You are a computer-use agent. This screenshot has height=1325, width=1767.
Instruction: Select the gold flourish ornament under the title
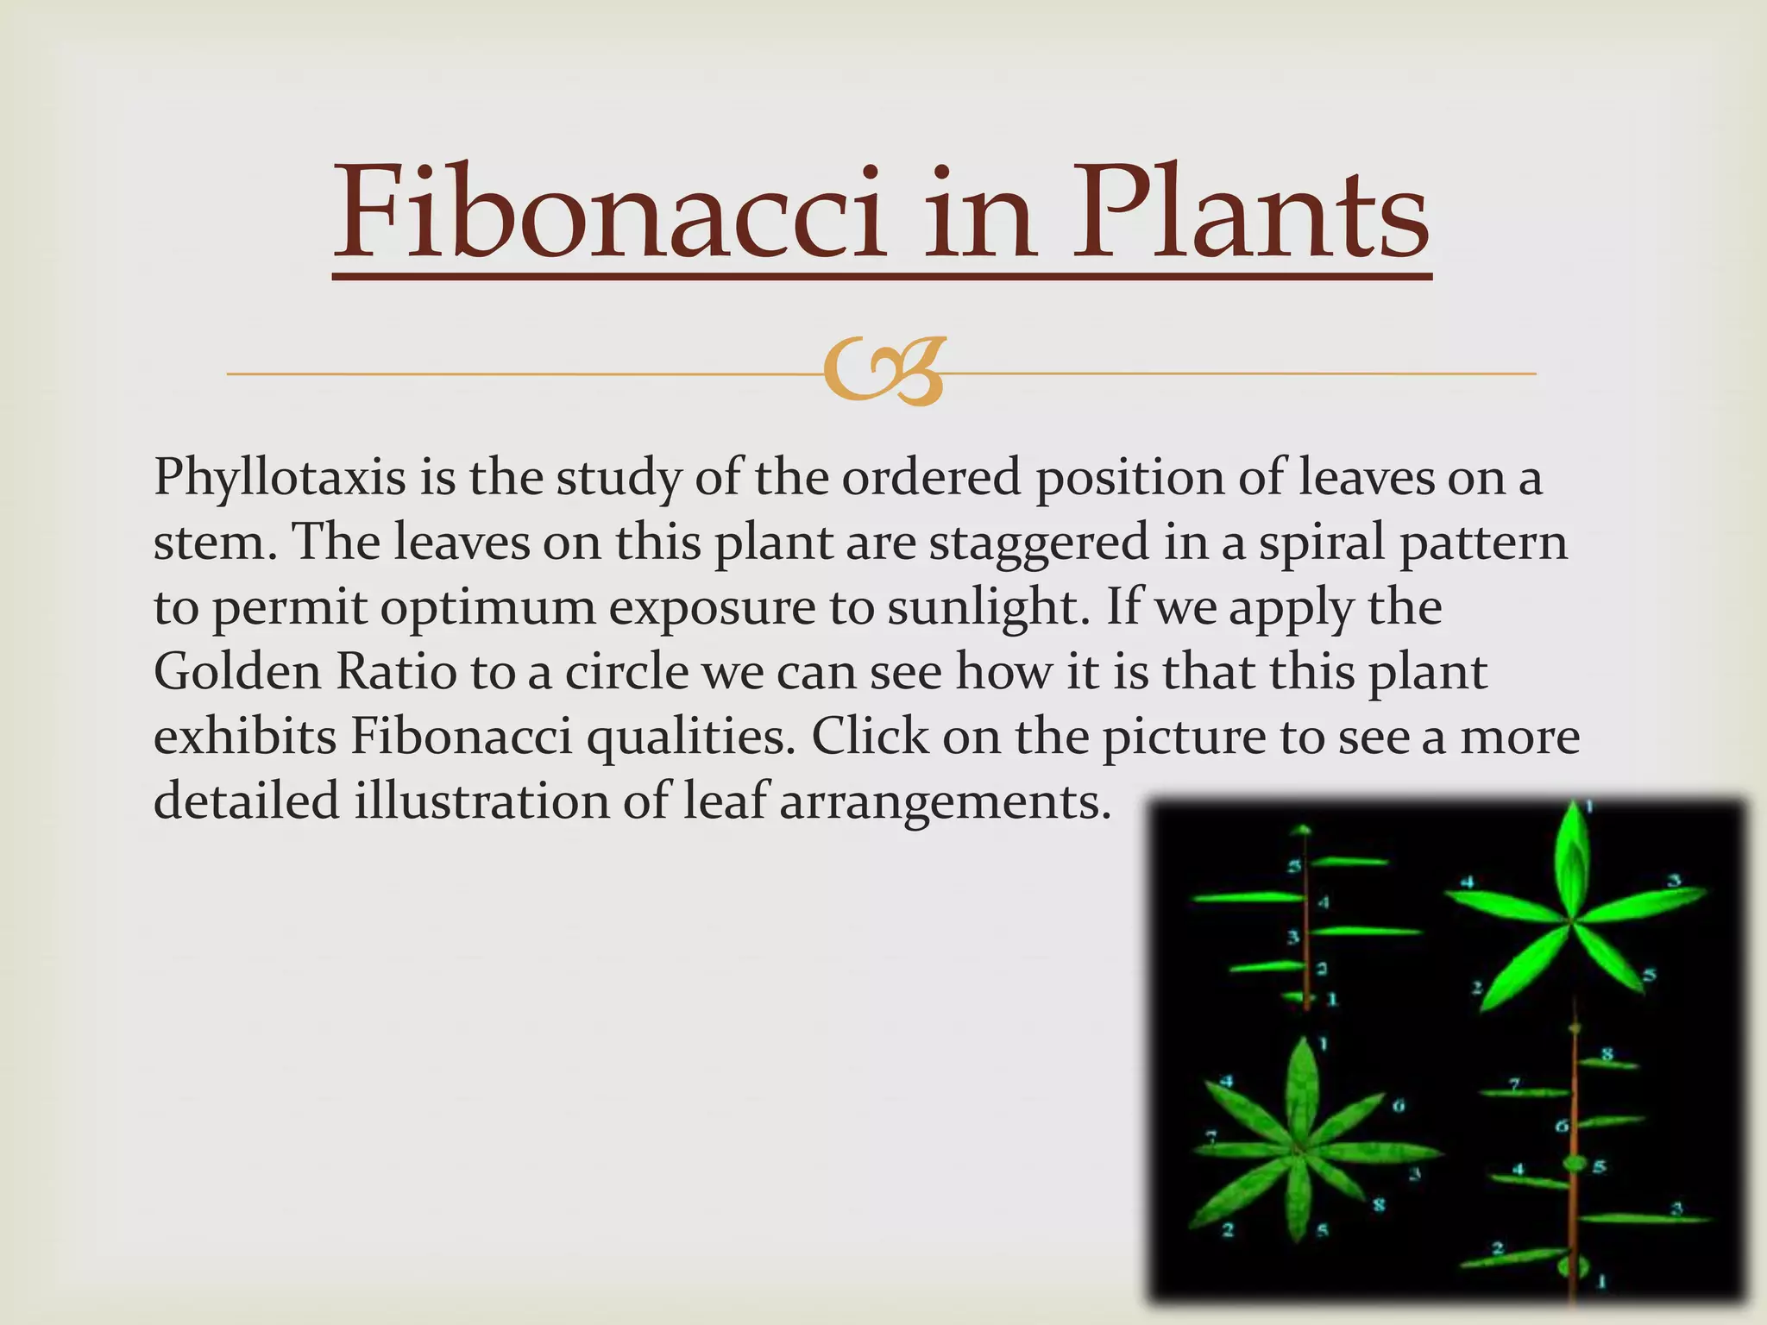(883, 373)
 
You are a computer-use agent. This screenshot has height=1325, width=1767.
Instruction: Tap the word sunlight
(984, 607)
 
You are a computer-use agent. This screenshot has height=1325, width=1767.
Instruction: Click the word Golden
(237, 672)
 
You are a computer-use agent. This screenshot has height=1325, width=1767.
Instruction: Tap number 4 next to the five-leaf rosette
(1466, 882)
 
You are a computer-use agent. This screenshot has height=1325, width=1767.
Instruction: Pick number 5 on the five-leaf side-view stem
(1294, 866)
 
